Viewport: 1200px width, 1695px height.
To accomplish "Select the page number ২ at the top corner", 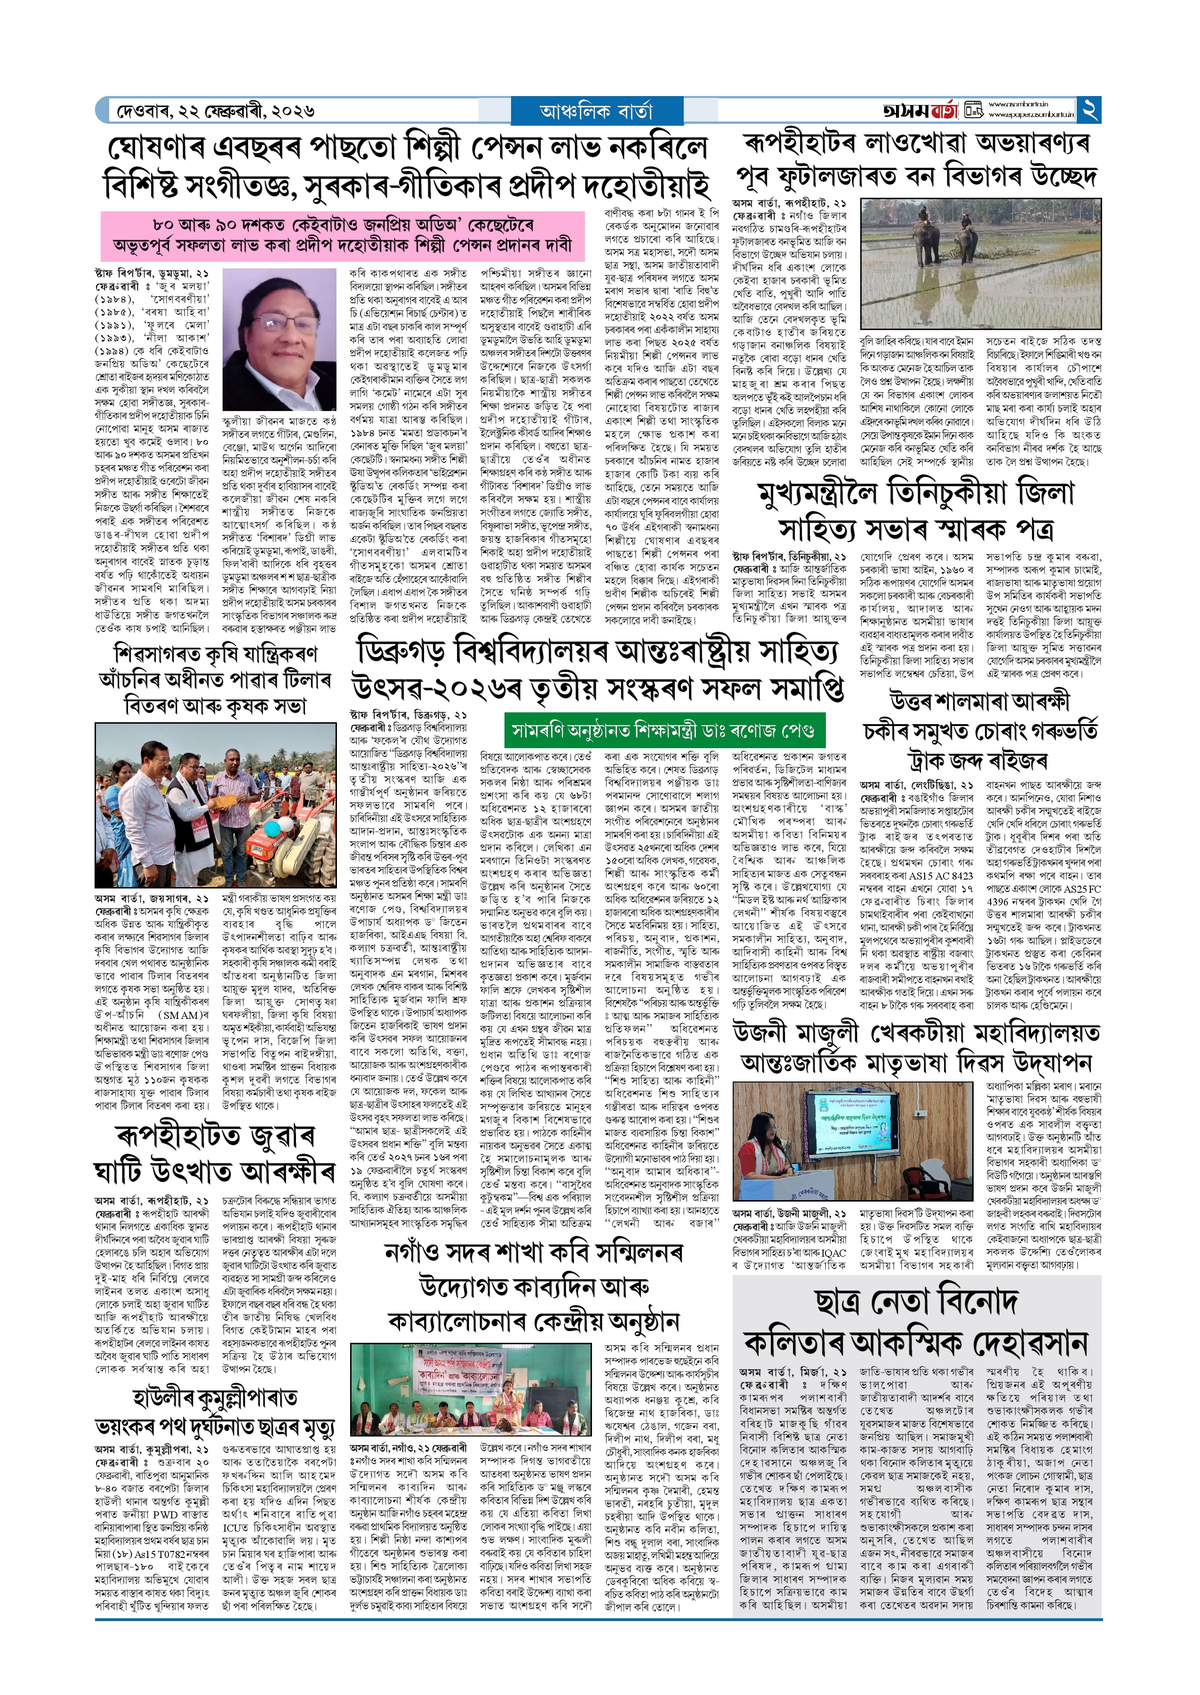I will pyautogui.click(x=1089, y=110).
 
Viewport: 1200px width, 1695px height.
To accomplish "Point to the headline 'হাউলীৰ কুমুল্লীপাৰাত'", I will pyautogui.click(x=215, y=1396).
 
